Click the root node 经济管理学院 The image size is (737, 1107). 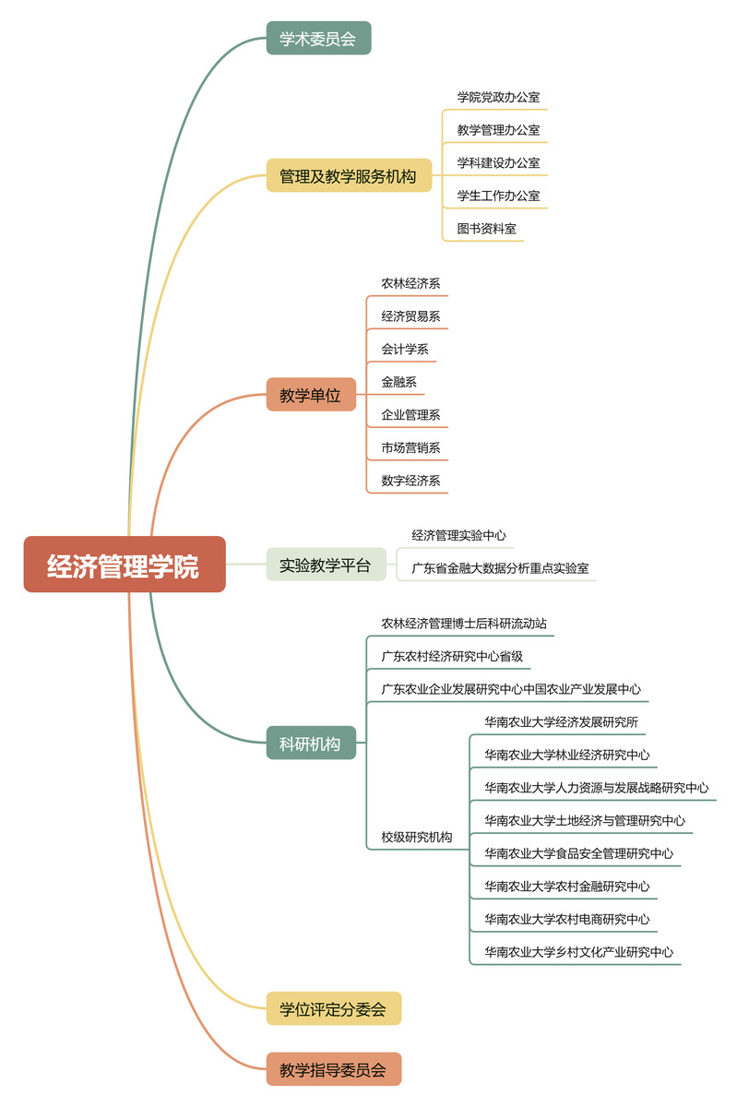(125, 564)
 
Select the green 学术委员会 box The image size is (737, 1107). (318, 38)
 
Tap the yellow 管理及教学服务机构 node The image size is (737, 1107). (349, 175)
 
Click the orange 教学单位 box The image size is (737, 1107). (311, 395)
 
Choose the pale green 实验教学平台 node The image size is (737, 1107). (327, 565)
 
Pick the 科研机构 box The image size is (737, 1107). (311, 743)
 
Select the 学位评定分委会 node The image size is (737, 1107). (334, 1008)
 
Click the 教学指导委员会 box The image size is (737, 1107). (334, 1069)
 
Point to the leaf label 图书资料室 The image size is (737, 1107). (486, 229)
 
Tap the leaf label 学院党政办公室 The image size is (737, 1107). (498, 97)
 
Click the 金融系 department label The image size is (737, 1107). (398, 382)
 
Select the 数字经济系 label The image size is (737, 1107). (410, 481)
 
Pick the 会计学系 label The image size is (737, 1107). (405, 349)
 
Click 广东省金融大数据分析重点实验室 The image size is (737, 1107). (500, 568)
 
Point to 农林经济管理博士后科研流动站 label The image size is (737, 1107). (464, 624)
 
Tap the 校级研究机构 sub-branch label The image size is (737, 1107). (417, 837)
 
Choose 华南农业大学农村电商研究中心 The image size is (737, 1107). (567, 919)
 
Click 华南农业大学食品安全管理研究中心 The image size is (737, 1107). (579, 853)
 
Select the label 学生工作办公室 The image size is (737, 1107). (498, 196)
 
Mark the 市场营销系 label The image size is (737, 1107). (410, 447)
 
